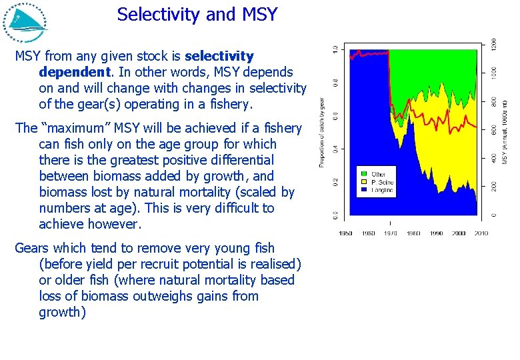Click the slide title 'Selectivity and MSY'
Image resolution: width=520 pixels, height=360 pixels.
point(197,15)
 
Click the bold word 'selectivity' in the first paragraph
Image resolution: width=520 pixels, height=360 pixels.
point(219,56)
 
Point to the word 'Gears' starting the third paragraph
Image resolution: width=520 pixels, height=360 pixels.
point(31,248)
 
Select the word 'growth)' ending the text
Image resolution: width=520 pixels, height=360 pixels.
point(62,312)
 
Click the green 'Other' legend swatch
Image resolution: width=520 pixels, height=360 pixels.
point(363,175)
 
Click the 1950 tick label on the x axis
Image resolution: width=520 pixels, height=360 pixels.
point(345,233)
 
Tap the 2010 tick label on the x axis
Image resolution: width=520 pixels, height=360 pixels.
point(480,233)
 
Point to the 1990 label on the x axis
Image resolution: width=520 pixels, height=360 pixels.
point(435,233)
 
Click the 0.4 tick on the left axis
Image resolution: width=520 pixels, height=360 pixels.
point(335,149)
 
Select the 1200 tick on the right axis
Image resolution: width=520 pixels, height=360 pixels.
point(494,45)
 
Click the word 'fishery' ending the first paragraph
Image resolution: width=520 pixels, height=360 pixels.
point(231,104)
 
